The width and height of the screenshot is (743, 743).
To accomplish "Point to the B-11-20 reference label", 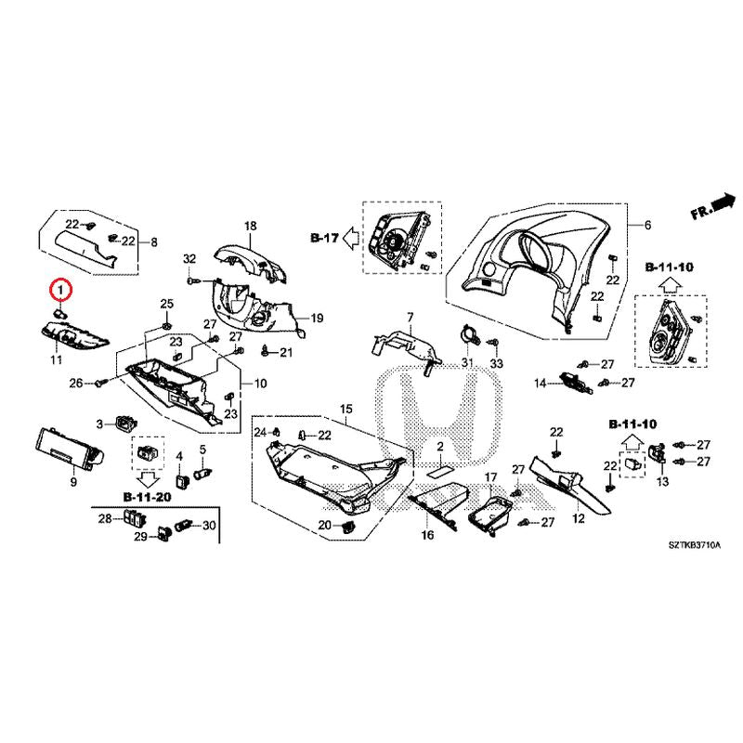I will (147, 498).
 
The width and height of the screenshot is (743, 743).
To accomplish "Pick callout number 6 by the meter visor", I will (647, 226).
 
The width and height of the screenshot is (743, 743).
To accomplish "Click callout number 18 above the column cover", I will (409, 318).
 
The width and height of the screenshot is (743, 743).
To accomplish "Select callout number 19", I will (316, 319).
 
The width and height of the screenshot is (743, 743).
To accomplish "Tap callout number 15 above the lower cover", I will (345, 409).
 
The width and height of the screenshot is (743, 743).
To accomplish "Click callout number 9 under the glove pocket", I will (73, 483).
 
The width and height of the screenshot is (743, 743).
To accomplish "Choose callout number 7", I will (409, 318).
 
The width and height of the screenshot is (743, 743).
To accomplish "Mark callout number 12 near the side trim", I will (578, 518).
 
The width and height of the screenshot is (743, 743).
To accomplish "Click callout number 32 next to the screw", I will (190, 257).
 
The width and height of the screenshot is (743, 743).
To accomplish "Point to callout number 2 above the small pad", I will (442, 447).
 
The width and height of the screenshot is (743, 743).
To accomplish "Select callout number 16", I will (427, 536).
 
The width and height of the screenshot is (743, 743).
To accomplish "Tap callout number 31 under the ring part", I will (467, 361).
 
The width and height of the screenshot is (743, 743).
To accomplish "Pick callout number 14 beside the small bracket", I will (540, 383).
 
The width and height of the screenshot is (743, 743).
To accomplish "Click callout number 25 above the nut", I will (167, 304).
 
